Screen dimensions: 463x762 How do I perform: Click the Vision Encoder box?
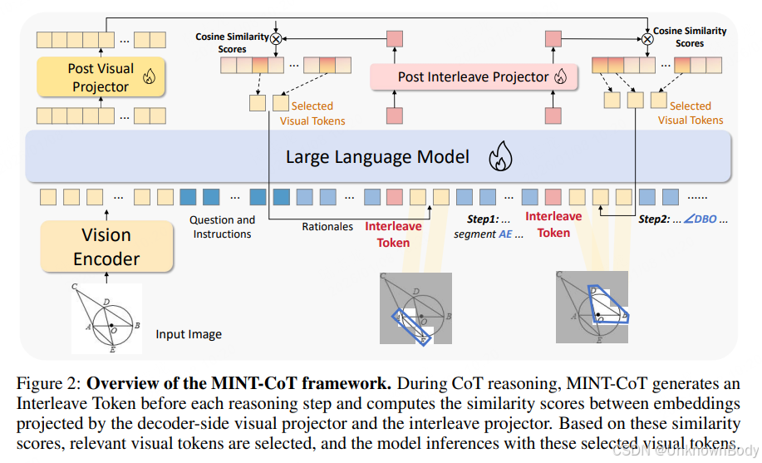(x=106, y=247)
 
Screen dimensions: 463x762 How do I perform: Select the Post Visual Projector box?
(x=100, y=78)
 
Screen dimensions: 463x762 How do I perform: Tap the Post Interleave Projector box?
(x=473, y=76)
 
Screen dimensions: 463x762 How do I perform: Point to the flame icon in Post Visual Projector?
(x=150, y=77)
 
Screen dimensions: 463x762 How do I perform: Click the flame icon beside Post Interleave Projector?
(x=560, y=77)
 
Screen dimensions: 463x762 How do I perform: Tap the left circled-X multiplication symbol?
(x=275, y=38)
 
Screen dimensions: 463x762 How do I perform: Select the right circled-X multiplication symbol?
(x=646, y=38)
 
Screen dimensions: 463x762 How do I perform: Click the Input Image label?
(x=189, y=334)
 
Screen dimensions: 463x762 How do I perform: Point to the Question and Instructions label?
(x=222, y=227)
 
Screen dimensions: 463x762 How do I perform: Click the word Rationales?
(x=327, y=226)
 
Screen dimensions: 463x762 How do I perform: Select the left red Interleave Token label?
(x=393, y=234)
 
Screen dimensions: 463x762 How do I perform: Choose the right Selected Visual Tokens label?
(x=690, y=113)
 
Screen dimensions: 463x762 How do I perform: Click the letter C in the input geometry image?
(x=75, y=288)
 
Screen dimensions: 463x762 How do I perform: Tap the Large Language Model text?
(x=377, y=156)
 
